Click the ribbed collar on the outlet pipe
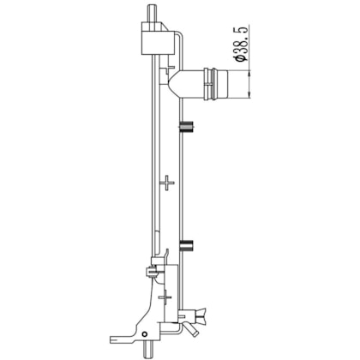210,84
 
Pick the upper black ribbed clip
186,127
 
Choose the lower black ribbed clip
186,245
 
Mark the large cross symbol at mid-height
166,183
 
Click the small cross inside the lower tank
165,297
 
